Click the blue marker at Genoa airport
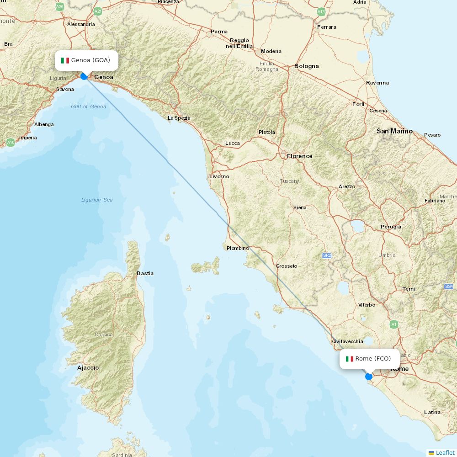tap(84, 76)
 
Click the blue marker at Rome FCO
tap(369, 377)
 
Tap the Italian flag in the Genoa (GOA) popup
tap(65, 60)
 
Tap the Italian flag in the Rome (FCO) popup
tap(350, 359)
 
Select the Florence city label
tap(299, 156)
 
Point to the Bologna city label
tap(306, 66)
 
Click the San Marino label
tap(394, 131)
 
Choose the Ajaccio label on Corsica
tap(88, 367)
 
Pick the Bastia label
tap(145, 273)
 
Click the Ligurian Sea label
tap(97, 200)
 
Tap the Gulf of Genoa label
tap(88, 106)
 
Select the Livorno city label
tap(219, 176)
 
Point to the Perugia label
tap(391, 227)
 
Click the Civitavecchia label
tap(347, 341)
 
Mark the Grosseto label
tap(286, 266)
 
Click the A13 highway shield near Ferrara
tap(321, 12)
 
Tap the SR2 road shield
tap(326, 255)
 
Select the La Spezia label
tap(179, 118)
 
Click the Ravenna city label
tap(377, 83)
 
